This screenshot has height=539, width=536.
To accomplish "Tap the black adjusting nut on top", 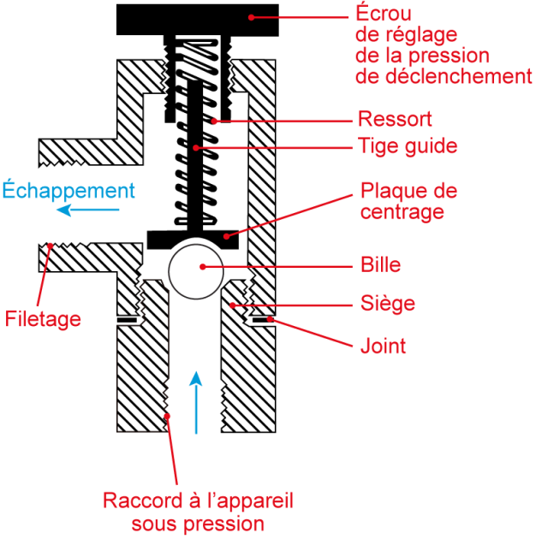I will (x=197, y=17).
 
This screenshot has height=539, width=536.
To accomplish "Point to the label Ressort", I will (x=395, y=119).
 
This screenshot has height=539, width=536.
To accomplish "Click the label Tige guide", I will (x=407, y=145).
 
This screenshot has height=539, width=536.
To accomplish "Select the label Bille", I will (x=380, y=265).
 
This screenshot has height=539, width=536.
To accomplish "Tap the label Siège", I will (x=386, y=303).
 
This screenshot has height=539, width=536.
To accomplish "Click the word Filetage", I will (x=43, y=320).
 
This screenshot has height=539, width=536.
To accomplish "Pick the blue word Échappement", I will (x=68, y=190).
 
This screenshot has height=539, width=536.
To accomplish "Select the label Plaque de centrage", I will (x=408, y=200).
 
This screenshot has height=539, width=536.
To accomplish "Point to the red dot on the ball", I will (x=203, y=266).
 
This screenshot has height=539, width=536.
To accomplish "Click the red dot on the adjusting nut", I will (x=252, y=15).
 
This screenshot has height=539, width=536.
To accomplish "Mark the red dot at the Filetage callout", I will (x=51, y=246).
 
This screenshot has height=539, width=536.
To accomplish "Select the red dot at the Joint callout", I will (x=270, y=319).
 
